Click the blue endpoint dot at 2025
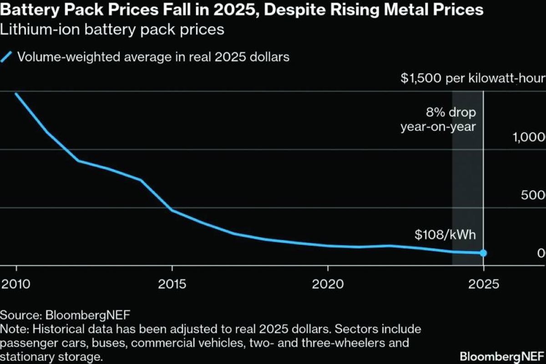(483, 253)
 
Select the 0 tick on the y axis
(541, 253)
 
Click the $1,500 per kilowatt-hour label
(473, 79)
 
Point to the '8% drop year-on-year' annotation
(438, 119)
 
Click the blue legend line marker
(6, 57)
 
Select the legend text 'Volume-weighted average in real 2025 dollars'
(153, 57)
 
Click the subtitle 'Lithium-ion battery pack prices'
(112, 30)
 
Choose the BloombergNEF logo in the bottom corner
(502, 355)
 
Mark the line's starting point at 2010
(16, 94)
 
